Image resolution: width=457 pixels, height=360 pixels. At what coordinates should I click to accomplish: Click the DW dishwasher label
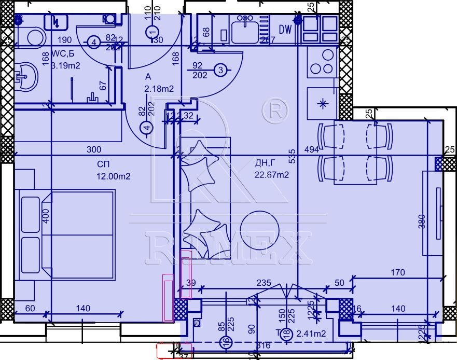pyautogui.click(x=285, y=30)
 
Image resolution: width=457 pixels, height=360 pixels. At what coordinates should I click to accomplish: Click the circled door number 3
pyautogui.click(x=220, y=70)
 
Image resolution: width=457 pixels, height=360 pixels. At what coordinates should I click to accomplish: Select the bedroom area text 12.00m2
pyautogui.click(x=113, y=176)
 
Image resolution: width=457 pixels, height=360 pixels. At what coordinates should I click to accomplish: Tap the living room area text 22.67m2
pyautogui.click(x=271, y=175)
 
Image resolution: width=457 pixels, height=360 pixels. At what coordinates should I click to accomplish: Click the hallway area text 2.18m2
pyautogui.click(x=159, y=89)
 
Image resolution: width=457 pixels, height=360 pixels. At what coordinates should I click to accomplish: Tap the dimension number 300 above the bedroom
pyautogui.click(x=93, y=149)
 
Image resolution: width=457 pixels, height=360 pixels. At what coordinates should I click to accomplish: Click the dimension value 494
pyautogui.click(x=311, y=150)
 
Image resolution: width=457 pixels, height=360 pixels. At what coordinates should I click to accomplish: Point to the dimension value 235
pyautogui.click(x=264, y=283)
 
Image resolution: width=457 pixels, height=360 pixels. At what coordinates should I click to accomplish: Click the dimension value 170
pyautogui.click(x=398, y=272)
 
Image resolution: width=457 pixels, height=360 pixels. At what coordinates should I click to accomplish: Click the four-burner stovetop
pyautogui.click(x=322, y=61)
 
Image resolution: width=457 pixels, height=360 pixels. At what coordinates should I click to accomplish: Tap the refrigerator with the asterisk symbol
pyautogui.click(x=323, y=103)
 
